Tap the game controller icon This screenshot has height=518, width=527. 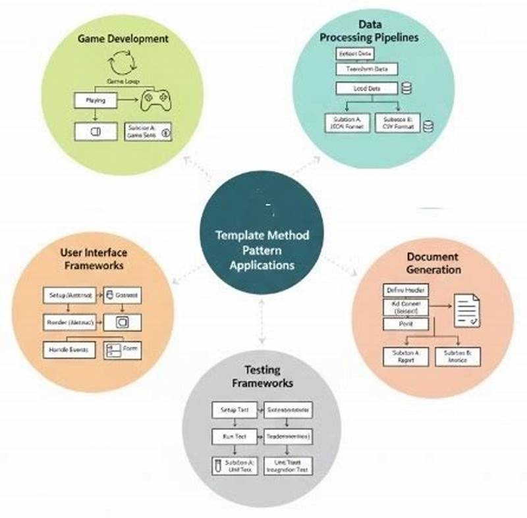click(x=153, y=101)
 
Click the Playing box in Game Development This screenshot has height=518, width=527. click(x=96, y=101)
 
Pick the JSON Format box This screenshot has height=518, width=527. click(x=347, y=122)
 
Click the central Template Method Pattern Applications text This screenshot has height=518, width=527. click(x=262, y=250)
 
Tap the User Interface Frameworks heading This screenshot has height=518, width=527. click(x=93, y=259)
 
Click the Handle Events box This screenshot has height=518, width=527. click(x=69, y=349)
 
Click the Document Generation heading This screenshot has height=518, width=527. click(x=433, y=263)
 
